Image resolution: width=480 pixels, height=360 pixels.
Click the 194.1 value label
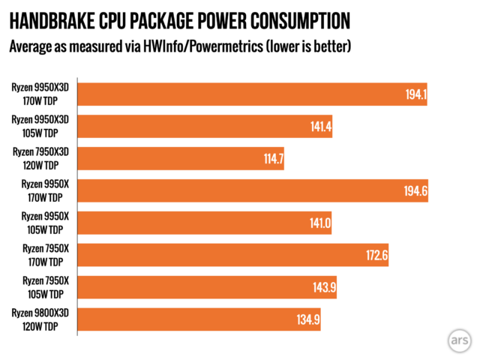click(x=413, y=94)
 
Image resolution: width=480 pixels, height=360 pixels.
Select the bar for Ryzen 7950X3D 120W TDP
click(x=180, y=159)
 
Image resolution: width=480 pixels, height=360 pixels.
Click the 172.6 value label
click(x=374, y=256)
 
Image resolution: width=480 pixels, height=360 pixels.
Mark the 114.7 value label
click(x=270, y=159)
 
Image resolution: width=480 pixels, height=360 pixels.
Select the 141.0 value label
click(x=318, y=223)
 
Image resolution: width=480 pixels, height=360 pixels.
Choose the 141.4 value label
click(x=319, y=127)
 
